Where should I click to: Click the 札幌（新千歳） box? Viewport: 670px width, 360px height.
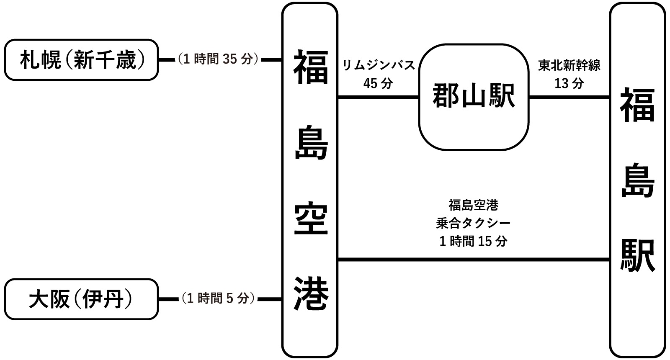click(82, 60)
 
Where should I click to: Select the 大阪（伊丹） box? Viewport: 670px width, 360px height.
click(82, 300)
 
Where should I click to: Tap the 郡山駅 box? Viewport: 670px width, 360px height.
click(473, 97)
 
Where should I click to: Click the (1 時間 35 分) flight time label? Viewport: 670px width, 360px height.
click(218, 59)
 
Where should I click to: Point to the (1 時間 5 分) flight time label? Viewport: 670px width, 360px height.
click(218, 298)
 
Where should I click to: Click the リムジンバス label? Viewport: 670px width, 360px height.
click(378, 65)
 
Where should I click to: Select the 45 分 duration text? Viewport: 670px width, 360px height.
click(378, 83)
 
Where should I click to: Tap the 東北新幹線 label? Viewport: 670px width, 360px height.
click(569, 65)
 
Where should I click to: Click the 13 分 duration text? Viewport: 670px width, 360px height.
click(569, 83)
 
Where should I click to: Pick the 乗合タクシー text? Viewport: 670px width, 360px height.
click(473, 223)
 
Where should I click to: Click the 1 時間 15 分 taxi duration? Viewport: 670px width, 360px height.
click(473, 241)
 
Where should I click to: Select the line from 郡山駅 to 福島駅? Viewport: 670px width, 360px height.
click(569, 98)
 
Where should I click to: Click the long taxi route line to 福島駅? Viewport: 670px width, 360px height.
click(473, 260)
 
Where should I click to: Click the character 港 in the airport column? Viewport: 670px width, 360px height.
click(310, 293)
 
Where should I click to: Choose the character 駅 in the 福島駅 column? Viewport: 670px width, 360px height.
click(637, 256)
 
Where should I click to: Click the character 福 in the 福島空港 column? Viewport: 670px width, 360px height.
click(310, 67)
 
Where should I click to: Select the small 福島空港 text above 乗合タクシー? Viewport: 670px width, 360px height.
click(473, 205)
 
